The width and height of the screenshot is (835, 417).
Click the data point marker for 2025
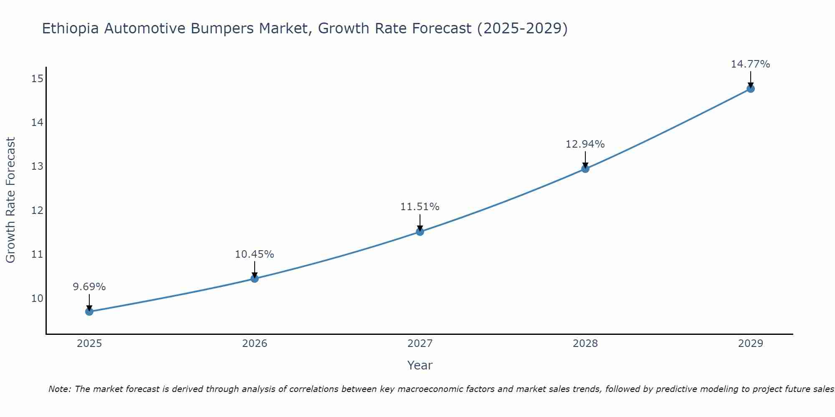click(x=89, y=311)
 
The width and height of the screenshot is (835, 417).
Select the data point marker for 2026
click(x=255, y=278)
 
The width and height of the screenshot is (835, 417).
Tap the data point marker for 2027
click(x=420, y=231)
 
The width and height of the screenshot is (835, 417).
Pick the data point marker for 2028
click(x=585, y=168)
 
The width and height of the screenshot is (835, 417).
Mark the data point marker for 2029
click(x=750, y=88)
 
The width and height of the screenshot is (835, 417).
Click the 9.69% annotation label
click(x=89, y=287)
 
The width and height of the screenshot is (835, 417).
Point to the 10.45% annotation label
click(x=254, y=254)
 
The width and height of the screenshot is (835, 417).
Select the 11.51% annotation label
click(x=420, y=207)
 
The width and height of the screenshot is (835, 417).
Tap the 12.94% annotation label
click(x=585, y=144)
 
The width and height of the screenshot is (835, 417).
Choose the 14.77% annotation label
click(x=750, y=64)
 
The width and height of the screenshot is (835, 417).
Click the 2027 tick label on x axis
click(x=420, y=344)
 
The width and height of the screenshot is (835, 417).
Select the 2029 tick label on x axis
click(x=750, y=344)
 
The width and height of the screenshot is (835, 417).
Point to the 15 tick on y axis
click(x=37, y=78)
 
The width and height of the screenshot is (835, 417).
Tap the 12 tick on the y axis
click(x=37, y=210)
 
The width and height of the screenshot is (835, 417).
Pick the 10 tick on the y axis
click(x=37, y=298)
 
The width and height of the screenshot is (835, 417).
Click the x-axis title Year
click(x=420, y=365)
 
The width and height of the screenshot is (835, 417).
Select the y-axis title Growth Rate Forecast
click(x=10, y=200)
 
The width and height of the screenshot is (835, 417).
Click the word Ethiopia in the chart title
click(x=71, y=29)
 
